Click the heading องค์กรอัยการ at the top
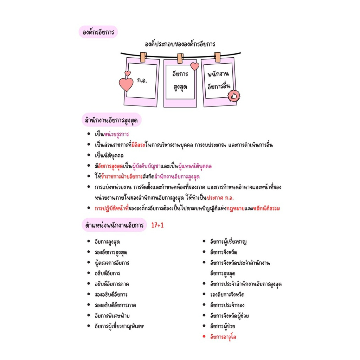[x=98, y=32]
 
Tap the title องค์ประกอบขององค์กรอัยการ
[x=180, y=44]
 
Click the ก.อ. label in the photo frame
[x=142, y=81]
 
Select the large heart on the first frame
[x=126, y=84]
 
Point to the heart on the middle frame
[x=195, y=66]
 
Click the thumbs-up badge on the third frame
[x=234, y=96]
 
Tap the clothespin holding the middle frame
[x=180, y=58]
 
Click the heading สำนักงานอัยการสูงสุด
[x=111, y=120]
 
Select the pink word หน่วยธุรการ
[x=116, y=134]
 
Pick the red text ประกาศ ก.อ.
[x=220, y=198]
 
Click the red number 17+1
[x=157, y=225]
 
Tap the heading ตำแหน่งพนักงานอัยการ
[x=114, y=225]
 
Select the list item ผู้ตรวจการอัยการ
[x=112, y=263]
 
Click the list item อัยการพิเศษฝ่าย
[x=112, y=316]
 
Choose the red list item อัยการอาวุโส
[x=223, y=337]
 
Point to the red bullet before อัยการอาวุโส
[x=204, y=336]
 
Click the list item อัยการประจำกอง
[x=227, y=305]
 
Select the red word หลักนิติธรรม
[x=266, y=208]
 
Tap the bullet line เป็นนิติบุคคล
[x=109, y=156]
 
